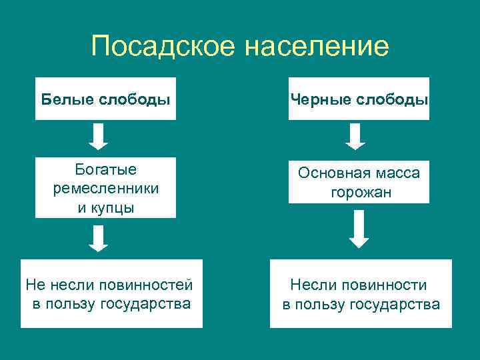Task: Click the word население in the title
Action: [x=316, y=47]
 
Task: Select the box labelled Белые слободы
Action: [x=105, y=99]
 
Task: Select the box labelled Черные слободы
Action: [x=359, y=99]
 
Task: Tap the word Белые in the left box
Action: [x=67, y=99]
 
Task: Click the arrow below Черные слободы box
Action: [x=357, y=136]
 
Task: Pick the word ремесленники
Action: [x=105, y=189]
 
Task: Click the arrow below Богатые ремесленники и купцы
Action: [x=99, y=238]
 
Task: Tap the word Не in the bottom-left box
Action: [x=34, y=285]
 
